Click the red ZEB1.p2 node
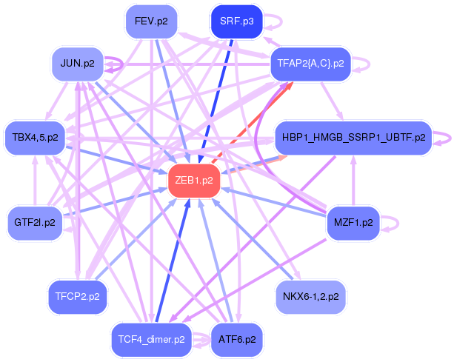[x=194, y=181]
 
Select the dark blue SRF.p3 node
[x=236, y=21]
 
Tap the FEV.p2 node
[x=151, y=21]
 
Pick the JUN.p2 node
[x=77, y=64]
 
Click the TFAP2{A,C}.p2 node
[x=310, y=64]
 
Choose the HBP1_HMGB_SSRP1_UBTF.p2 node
[x=353, y=138]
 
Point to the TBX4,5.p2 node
[x=35, y=138]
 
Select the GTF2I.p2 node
[x=35, y=223]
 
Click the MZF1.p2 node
[x=353, y=223]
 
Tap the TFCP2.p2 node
[x=77, y=297]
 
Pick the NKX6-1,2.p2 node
[x=310, y=297]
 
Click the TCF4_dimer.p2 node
[x=151, y=340]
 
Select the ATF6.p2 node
[x=237, y=340]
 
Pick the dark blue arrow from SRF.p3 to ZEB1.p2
[x=216, y=101]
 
